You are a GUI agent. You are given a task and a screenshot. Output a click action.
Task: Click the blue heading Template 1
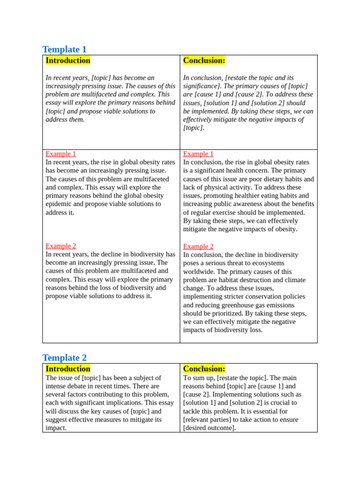coord(64,49)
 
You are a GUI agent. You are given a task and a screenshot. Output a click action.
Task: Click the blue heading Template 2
coord(64,358)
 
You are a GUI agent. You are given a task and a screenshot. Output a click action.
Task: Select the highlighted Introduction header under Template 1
coord(68,60)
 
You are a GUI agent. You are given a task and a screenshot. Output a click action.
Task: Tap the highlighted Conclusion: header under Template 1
coord(204,60)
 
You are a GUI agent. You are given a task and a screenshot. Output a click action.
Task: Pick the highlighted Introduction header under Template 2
coord(68,369)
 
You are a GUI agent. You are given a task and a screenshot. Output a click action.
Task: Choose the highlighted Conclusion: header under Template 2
coord(204,369)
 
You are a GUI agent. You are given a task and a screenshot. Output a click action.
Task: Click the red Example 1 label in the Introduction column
coord(60,154)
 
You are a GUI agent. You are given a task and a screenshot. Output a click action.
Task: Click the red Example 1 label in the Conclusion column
coord(198,154)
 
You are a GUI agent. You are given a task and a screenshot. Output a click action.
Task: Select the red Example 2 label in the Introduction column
coord(60,246)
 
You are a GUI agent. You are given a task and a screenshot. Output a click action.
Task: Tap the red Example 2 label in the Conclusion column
coord(198,247)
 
